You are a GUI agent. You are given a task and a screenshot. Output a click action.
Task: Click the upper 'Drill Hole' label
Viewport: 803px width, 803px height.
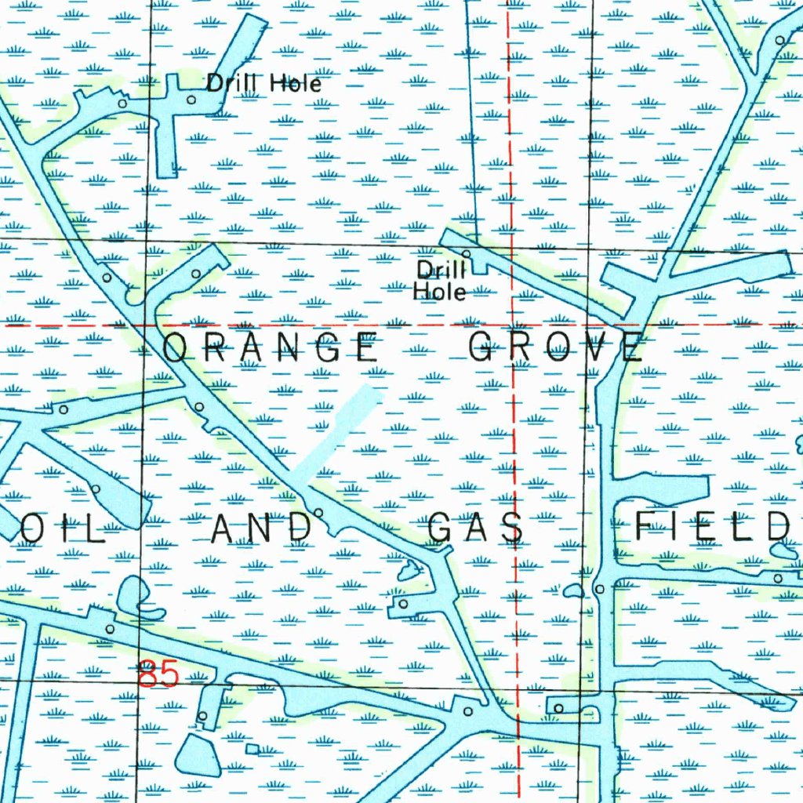coord(263,82)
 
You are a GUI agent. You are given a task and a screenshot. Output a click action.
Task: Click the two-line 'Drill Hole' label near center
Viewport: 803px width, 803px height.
coord(441,282)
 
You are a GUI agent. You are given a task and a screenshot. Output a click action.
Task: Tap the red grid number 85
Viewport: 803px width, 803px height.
coord(158,674)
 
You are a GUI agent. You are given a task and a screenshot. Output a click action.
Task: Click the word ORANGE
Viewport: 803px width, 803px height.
coord(271,347)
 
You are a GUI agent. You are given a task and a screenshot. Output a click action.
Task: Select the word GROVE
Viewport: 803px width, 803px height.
coord(556,347)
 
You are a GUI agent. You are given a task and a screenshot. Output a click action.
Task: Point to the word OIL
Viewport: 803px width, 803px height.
coord(63,529)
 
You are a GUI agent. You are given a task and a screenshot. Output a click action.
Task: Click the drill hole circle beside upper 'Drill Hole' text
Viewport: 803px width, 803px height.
coord(192,100)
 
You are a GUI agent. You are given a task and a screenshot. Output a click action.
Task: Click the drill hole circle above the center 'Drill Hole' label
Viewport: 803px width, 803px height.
coord(467,254)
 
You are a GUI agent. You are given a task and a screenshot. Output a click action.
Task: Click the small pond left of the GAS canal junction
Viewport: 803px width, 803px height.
coord(409,572)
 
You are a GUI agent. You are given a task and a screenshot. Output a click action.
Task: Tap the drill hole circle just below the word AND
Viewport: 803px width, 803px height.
coord(318,513)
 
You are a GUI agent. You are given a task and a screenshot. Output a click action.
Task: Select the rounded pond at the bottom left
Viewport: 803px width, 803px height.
coord(198,756)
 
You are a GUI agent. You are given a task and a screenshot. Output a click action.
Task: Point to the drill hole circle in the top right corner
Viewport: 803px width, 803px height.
coord(779,39)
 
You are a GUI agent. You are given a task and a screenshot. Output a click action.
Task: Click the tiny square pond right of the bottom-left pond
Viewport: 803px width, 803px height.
coord(252,749)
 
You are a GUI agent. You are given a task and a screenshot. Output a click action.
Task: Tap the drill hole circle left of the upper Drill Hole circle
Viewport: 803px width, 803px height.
coord(122,103)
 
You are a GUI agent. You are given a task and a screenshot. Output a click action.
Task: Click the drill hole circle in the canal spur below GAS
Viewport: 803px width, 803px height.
coord(403,604)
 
